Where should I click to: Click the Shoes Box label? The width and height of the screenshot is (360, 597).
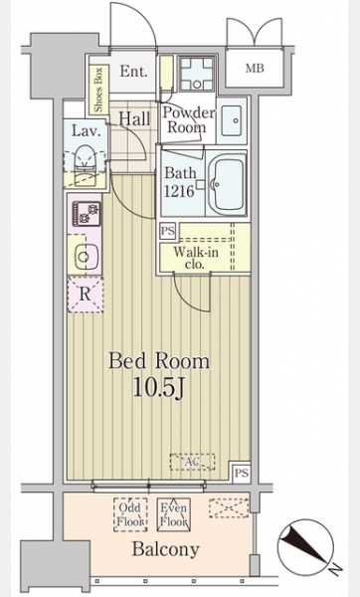[98, 90]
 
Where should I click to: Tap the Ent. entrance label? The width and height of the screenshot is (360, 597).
[133, 72]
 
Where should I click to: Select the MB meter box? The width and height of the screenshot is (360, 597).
[255, 69]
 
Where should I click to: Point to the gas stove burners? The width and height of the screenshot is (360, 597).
[88, 213]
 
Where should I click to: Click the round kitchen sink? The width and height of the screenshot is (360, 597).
[85, 257]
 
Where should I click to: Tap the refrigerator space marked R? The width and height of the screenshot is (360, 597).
[86, 295]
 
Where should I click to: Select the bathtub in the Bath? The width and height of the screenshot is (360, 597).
[226, 184]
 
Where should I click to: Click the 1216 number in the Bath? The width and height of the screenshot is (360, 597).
[179, 191]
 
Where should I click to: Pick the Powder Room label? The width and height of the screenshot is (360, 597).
[188, 120]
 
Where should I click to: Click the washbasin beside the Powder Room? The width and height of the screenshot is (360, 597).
[232, 120]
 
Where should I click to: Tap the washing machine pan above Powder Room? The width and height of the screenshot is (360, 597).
[196, 74]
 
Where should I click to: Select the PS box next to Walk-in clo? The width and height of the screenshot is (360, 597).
[168, 231]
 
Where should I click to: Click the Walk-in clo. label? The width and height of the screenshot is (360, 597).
[195, 258]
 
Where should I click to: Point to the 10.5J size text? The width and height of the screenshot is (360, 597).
[158, 388]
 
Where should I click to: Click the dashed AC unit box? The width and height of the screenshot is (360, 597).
[193, 462]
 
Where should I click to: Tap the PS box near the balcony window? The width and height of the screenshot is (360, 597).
[242, 474]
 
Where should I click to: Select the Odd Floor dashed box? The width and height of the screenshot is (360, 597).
[130, 514]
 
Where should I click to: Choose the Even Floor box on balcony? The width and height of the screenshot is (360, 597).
[173, 514]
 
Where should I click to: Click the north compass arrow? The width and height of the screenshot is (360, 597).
[305, 545]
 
